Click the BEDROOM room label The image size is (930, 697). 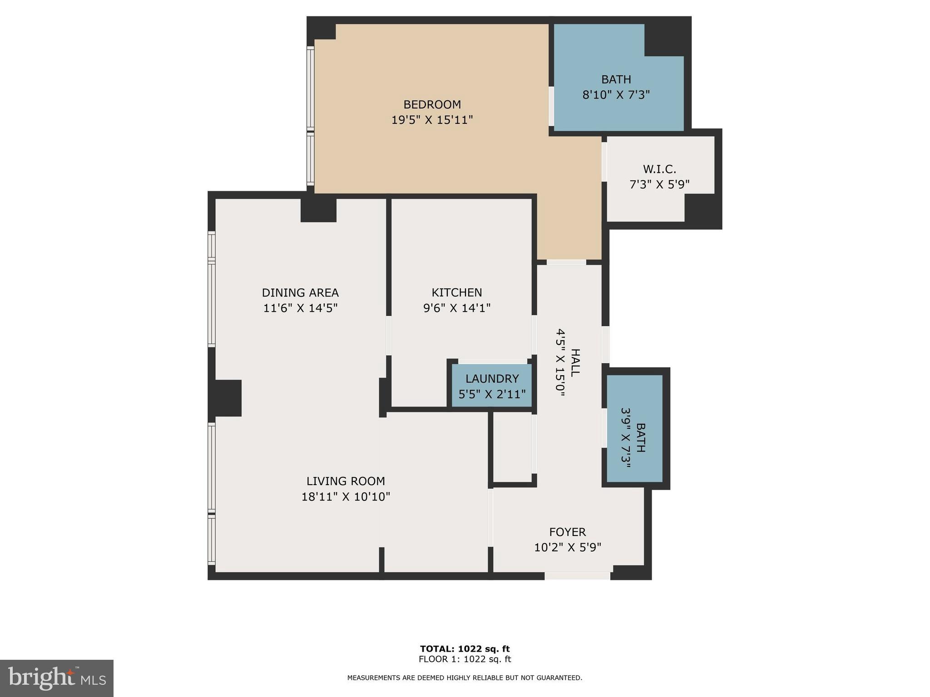(432, 104)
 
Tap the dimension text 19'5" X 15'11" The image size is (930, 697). (432, 120)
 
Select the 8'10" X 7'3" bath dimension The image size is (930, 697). (616, 95)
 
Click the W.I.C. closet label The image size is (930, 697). (659, 169)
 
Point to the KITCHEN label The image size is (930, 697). (456, 292)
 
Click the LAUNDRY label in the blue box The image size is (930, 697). (492, 378)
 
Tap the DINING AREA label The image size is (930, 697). (300, 292)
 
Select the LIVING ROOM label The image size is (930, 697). (345, 481)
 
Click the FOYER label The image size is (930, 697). (567, 532)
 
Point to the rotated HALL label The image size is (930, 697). (575, 363)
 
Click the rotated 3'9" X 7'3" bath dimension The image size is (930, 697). (627, 435)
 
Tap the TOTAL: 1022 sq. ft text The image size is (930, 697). (465, 649)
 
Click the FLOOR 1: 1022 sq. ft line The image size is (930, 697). (465, 659)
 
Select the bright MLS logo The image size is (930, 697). (57, 678)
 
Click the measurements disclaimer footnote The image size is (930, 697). (465, 678)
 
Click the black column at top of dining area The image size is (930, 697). (318, 210)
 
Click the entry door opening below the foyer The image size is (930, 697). (577, 576)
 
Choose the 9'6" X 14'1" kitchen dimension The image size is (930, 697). (456, 308)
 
